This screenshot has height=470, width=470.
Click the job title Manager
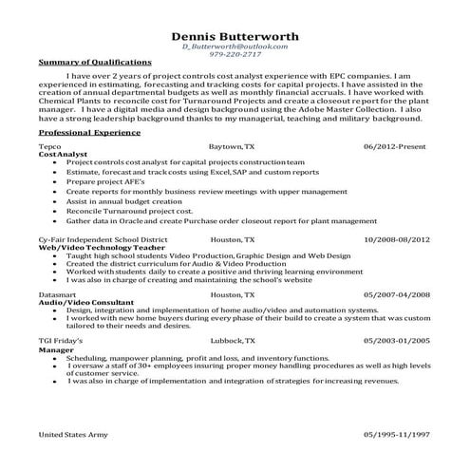[55, 348]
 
